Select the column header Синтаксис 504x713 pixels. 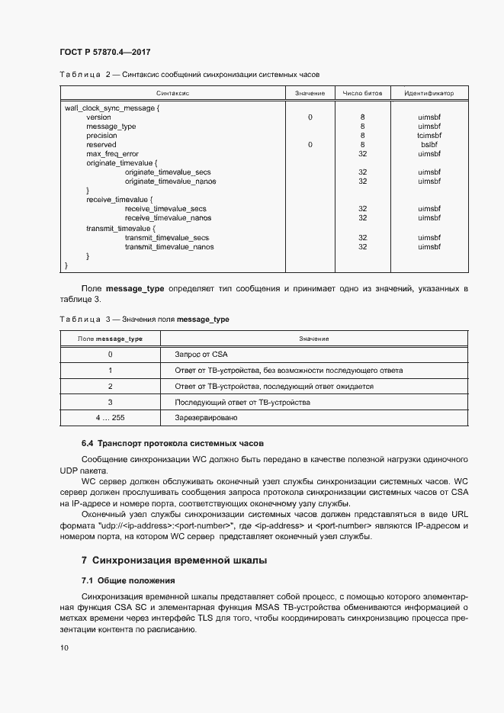click(x=173, y=93)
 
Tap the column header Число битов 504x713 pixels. click(x=362, y=93)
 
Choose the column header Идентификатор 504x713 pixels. click(x=429, y=93)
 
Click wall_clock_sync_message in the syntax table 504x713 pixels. click(x=111, y=108)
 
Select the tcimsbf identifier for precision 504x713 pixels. click(x=429, y=136)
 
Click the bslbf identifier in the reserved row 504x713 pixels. click(x=429, y=145)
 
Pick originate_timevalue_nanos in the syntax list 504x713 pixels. click(x=170, y=181)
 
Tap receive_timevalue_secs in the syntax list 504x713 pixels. click(x=165, y=209)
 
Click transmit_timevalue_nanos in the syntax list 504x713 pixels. click(x=169, y=246)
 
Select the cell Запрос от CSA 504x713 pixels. click(x=201, y=355)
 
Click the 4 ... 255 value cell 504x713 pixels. click(x=110, y=418)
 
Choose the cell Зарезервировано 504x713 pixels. click(x=206, y=418)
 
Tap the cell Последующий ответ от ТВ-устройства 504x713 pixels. click(x=242, y=402)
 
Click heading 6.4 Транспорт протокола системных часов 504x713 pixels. click(x=172, y=444)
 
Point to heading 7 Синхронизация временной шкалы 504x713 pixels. click(x=169, y=560)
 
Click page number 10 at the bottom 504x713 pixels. click(x=63, y=648)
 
